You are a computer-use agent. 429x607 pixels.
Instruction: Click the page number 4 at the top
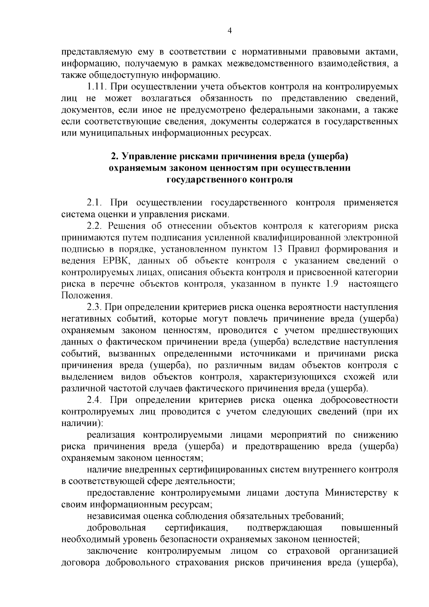pos(230,31)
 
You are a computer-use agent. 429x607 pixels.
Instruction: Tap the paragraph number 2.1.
pos(95,203)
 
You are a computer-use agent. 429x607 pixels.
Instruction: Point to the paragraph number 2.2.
pos(95,226)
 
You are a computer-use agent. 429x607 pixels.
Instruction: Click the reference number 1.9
pos(331,284)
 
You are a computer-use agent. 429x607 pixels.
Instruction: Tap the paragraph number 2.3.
pos(95,307)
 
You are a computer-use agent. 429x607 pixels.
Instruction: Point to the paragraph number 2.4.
pos(95,400)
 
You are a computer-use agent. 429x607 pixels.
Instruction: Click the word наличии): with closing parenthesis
pos(82,423)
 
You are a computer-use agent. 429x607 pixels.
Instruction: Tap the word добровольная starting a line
pos(117,528)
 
